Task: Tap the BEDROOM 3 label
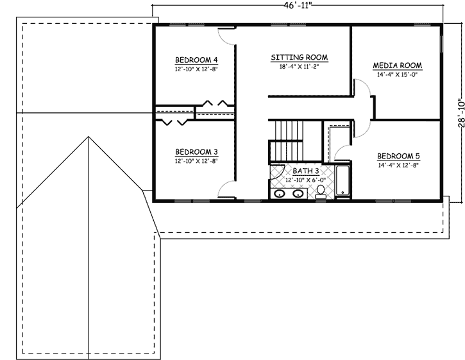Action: pyautogui.click(x=197, y=152)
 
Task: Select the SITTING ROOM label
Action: pyautogui.click(x=299, y=57)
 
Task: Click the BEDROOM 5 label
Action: pyautogui.click(x=398, y=156)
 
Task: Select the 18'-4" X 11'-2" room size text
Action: pyautogui.click(x=299, y=66)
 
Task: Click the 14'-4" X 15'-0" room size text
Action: pyautogui.click(x=397, y=74)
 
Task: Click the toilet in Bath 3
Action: pyautogui.click(x=321, y=191)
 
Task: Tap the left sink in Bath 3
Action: pyautogui.click(x=280, y=193)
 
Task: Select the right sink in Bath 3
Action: pyautogui.click(x=298, y=193)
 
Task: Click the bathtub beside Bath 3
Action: pyautogui.click(x=342, y=180)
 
